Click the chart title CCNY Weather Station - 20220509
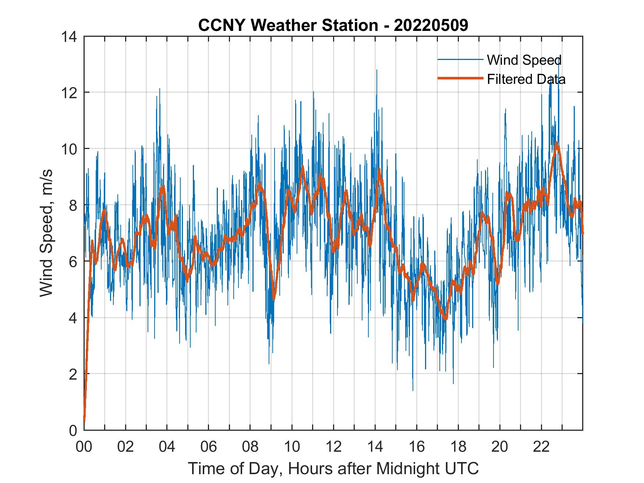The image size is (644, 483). pos(333,25)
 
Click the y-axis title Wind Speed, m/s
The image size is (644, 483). pos(46,233)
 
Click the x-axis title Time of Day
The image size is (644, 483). pos(333,468)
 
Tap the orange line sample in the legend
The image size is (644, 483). pos(460,78)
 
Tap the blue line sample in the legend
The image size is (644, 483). pos(460,60)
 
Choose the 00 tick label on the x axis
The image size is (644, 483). pos(84,447)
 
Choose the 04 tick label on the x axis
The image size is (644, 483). pos(167,447)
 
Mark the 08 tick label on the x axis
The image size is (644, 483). pos(250,447)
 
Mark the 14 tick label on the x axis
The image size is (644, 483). pos(375,447)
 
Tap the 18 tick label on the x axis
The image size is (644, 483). pos(458,447)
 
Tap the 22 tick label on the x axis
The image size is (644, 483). pos(541,447)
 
